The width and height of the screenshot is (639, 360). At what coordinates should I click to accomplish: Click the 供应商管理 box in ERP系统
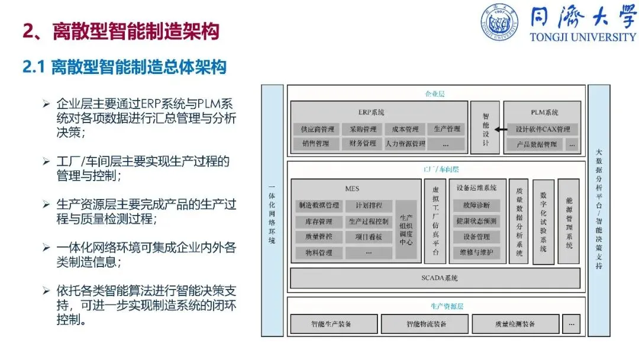(x=317, y=129)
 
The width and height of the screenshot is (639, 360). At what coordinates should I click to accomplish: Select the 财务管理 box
(x=363, y=143)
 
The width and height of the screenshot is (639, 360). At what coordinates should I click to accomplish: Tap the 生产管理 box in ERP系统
(x=447, y=129)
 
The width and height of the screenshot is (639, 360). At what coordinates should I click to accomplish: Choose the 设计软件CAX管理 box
(x=542, y=129)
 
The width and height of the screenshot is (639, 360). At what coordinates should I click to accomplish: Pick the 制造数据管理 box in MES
(x=319, y=205)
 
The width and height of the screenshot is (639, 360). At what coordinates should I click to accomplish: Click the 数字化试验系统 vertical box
(x=543, y=221)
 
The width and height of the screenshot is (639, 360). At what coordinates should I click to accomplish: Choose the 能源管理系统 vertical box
(x=569, y=221)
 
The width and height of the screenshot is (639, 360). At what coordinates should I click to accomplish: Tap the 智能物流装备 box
(x=425, y=324)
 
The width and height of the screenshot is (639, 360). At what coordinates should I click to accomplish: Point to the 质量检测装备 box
(x=515, y=324)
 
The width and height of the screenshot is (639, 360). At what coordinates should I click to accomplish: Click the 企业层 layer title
(x=435, y=94)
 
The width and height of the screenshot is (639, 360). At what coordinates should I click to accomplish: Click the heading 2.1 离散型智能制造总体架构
(x=124, y=67)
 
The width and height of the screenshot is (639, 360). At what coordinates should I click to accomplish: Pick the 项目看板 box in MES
(x=369, y=237)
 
